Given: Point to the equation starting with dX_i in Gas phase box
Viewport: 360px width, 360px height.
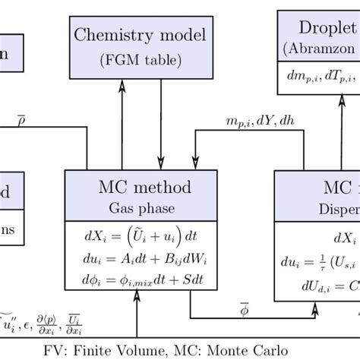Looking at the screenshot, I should coord(131,232).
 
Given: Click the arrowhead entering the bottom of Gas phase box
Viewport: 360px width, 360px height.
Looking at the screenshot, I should coord(137,300).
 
